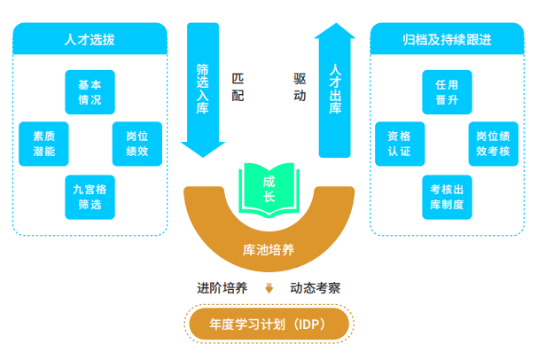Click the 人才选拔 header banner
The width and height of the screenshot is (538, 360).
click(90, 39)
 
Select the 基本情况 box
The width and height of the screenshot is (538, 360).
click(90, 92)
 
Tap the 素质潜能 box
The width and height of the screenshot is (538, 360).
click(44, 144)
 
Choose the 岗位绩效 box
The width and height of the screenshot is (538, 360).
click(136, 144)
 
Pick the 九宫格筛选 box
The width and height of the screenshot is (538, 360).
click(90, 197)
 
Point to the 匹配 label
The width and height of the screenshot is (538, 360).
click(238, 87)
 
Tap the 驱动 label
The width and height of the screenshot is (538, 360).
click(300, 87)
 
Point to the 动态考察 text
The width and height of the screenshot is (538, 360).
click(315, 288)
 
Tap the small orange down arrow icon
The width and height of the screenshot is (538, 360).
click(269, 288)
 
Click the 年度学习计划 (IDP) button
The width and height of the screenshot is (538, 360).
click(269, 324)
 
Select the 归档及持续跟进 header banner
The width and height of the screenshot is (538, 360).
click(446, 39)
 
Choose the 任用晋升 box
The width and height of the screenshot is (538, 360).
click(446, 92)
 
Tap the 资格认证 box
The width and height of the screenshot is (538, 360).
click(399, 144)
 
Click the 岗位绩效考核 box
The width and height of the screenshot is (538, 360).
click(493, 144)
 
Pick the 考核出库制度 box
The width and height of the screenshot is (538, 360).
click(446, 197)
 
